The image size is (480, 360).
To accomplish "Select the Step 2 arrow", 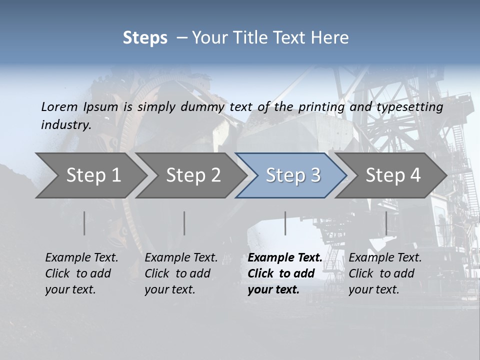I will [193, 175].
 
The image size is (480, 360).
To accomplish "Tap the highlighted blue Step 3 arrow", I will [293, 175].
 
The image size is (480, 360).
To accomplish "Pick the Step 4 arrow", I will [393, 175].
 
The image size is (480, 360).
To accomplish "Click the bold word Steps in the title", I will [145, 38].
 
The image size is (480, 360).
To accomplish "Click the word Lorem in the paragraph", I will [59, 106].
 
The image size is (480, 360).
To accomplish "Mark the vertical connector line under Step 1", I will [84, 223].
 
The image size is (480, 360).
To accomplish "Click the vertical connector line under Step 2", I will [184, 223].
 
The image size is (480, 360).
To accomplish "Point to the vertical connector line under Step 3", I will [285, 223].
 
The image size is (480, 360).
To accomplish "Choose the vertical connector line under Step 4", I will [386, 223].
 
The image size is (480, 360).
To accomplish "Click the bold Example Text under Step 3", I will [285, 257].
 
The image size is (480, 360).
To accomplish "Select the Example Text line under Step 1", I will [81, 257].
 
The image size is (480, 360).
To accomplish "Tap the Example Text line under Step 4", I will [385, 257].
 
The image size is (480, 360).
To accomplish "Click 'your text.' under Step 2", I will [169, 289].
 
